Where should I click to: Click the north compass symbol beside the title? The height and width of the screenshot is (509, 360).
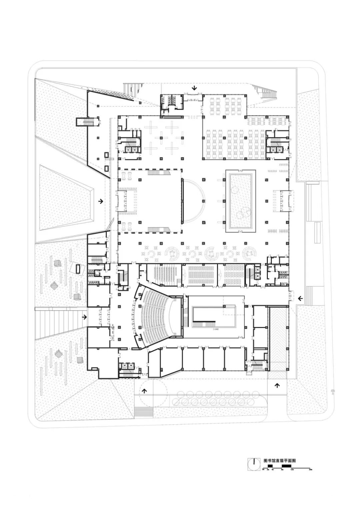point(254,463)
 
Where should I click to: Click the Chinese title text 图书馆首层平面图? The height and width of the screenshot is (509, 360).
point(280,460)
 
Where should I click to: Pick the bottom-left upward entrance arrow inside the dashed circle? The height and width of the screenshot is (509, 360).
point(145,391)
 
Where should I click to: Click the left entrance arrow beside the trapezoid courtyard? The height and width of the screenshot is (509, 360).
point(100,201)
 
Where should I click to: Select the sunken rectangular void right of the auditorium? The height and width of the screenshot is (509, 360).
point(214,317)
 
